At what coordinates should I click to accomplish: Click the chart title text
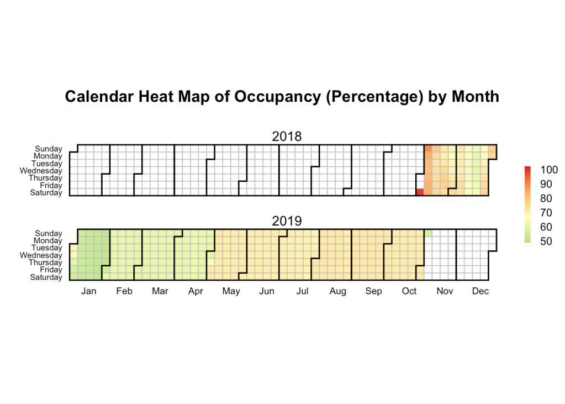[x=282, y=97]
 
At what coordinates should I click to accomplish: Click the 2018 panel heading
[x=287, y=137]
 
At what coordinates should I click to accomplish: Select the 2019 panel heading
[x=287, y=221]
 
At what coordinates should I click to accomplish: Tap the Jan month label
[x=88, y=291]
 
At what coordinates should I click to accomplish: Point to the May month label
[x=231, y=291]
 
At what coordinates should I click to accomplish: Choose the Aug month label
[x=338, y=291]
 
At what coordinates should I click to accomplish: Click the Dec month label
[x=480, y=291]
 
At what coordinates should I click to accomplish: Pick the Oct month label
[x=409, y=291]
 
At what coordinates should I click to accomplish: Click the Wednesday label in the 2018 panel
[x=41, y=171]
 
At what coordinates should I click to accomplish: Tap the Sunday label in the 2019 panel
[x=49, y=234]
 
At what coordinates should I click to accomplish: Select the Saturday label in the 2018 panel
[x=46, y=192]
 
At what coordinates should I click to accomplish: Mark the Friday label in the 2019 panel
[x=50, y=270]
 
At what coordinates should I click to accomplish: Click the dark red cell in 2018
[x=420, y=192]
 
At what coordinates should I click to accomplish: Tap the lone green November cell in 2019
[x=427, y=233]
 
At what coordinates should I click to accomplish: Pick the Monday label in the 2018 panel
[x=48, y=156]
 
